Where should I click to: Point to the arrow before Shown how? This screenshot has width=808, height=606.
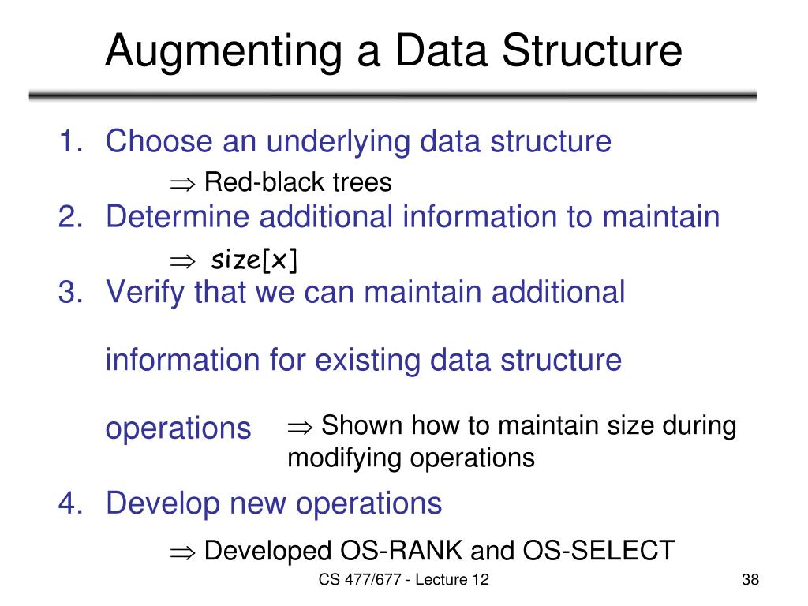coord(300,426)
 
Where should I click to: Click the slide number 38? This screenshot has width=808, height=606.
coord(750,581)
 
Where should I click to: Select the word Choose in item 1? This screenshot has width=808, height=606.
coord(159,142)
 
